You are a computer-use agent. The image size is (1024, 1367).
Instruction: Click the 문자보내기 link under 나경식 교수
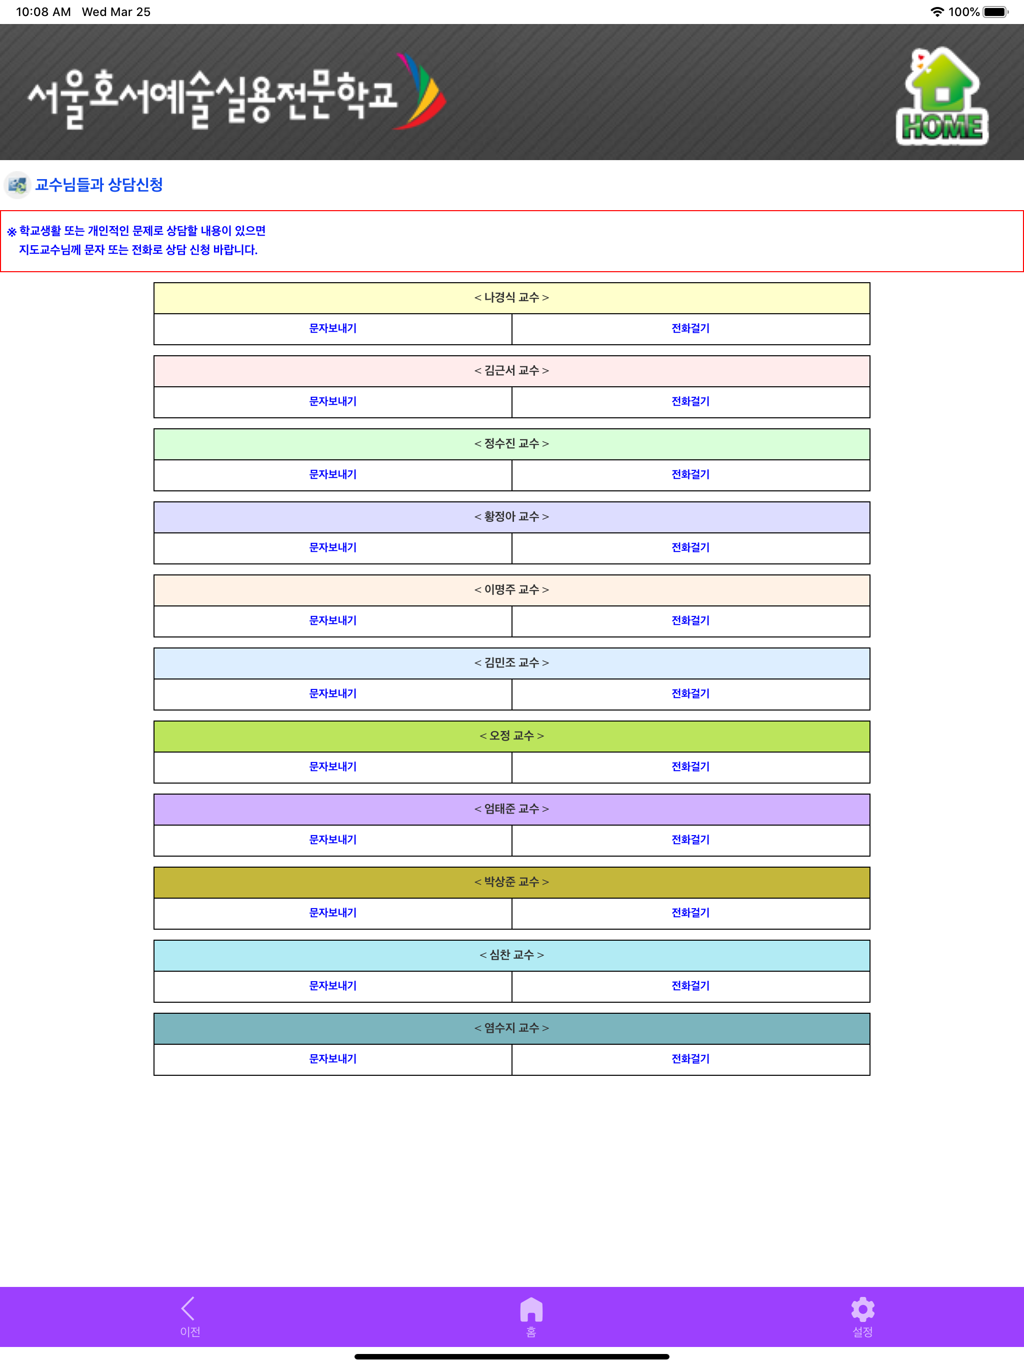point(333,329)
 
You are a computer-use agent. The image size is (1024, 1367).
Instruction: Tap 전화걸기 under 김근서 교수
point(690,402)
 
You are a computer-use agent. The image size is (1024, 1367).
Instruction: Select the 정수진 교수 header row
point(511,444)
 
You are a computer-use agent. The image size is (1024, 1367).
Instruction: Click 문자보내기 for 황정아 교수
point(333,547)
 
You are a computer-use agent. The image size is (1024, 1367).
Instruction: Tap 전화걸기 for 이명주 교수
point(690,620)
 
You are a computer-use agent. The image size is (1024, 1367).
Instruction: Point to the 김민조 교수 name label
point(511,662)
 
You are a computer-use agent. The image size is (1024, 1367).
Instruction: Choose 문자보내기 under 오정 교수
point(333,767)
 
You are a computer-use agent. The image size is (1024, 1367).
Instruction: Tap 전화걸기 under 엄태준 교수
point(690,839)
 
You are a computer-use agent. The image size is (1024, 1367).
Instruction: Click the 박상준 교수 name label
point(511,882)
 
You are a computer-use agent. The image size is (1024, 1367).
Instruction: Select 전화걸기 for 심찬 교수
point(690,986)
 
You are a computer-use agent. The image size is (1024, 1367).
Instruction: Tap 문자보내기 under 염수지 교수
point(333,1059)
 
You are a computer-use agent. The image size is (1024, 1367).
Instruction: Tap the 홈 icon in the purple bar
point(531,1309)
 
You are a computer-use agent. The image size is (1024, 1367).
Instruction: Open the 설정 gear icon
point(863,1309)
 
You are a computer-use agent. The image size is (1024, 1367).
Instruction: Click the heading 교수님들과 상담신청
point(99,185)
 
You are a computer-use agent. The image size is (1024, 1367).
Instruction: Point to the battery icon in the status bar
point(995,12)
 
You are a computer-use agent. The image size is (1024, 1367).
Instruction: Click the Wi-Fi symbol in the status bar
point(937,12)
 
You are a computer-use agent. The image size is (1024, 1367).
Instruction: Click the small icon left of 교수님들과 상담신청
point(17,185)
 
